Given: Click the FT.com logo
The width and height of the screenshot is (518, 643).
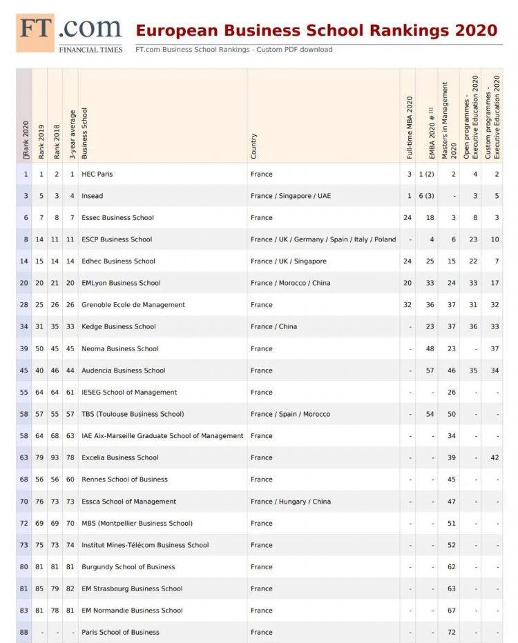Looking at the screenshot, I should (x=69, y=32).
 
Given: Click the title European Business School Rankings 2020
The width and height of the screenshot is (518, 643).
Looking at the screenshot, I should (x=316, y=30).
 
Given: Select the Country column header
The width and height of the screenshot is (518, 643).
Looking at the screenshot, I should (x=254, y=146).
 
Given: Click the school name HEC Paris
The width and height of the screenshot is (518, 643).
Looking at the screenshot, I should (x=97, y=174).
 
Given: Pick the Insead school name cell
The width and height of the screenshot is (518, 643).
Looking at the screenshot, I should (x=93, y=196).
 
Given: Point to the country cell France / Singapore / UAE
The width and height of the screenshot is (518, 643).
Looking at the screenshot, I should (x=291, y=196).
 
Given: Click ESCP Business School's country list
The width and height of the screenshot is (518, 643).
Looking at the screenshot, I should (x=323, y=239).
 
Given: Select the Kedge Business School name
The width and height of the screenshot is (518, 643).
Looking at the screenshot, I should (x=119, y=326).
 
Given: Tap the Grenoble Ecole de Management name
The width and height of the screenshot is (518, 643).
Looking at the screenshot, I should (x=133, y=305).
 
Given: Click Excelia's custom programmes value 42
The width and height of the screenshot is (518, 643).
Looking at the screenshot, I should (x=495, y=457).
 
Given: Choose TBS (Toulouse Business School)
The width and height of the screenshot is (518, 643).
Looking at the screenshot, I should (x=133, y=414).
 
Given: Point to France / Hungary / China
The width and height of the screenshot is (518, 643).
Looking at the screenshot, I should (x=291, y=502).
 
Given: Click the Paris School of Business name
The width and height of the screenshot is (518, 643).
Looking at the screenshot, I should (x=120, y=632).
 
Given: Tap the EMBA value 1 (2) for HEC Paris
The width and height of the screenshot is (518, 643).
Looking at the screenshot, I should (x=426, y=174).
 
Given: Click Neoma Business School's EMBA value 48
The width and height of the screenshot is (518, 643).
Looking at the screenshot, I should (x=430, y=348).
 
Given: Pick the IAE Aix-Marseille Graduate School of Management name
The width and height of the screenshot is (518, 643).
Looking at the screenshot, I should (x=162, y=436).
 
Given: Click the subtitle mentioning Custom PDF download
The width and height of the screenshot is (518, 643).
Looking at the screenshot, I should (x=234, y=50).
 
